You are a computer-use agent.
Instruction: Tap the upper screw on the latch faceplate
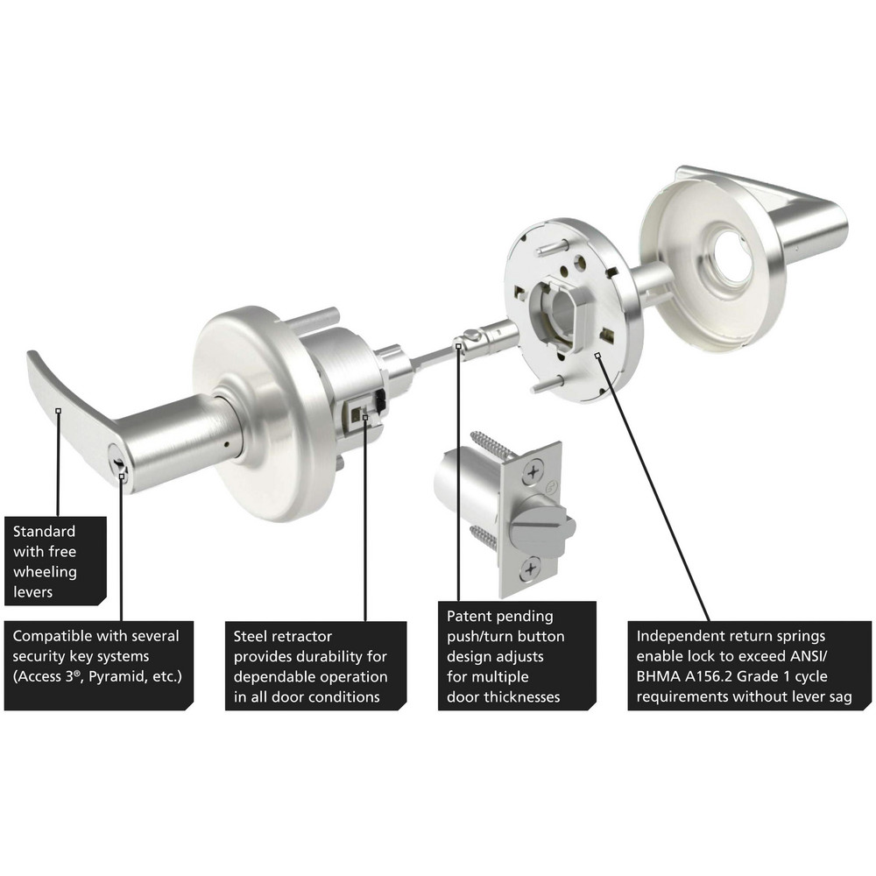532,473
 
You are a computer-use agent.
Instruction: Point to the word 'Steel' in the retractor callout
251,636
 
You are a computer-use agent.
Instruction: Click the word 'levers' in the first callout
34,591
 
